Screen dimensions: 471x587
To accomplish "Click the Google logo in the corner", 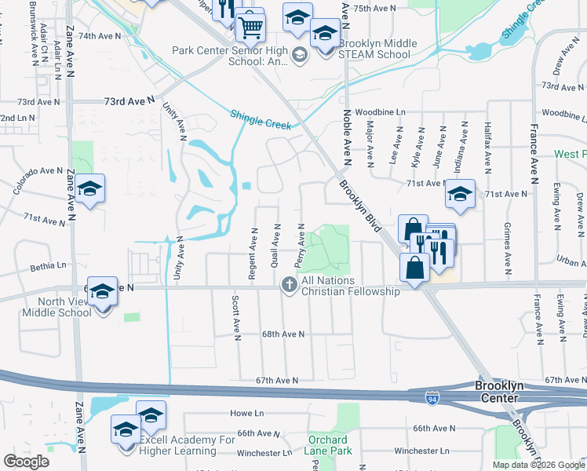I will tap(27, 462).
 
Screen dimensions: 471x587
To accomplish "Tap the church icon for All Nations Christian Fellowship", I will tap(290, 284).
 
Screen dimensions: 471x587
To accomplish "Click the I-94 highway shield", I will tap(432, 398).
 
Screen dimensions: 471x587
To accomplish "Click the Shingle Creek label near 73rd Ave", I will tap(261, 119).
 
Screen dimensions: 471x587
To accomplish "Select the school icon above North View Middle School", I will tap(100, 292).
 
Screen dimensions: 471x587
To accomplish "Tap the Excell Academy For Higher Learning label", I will tap(188, 445).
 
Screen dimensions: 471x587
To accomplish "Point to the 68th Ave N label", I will tap(283, 334).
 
